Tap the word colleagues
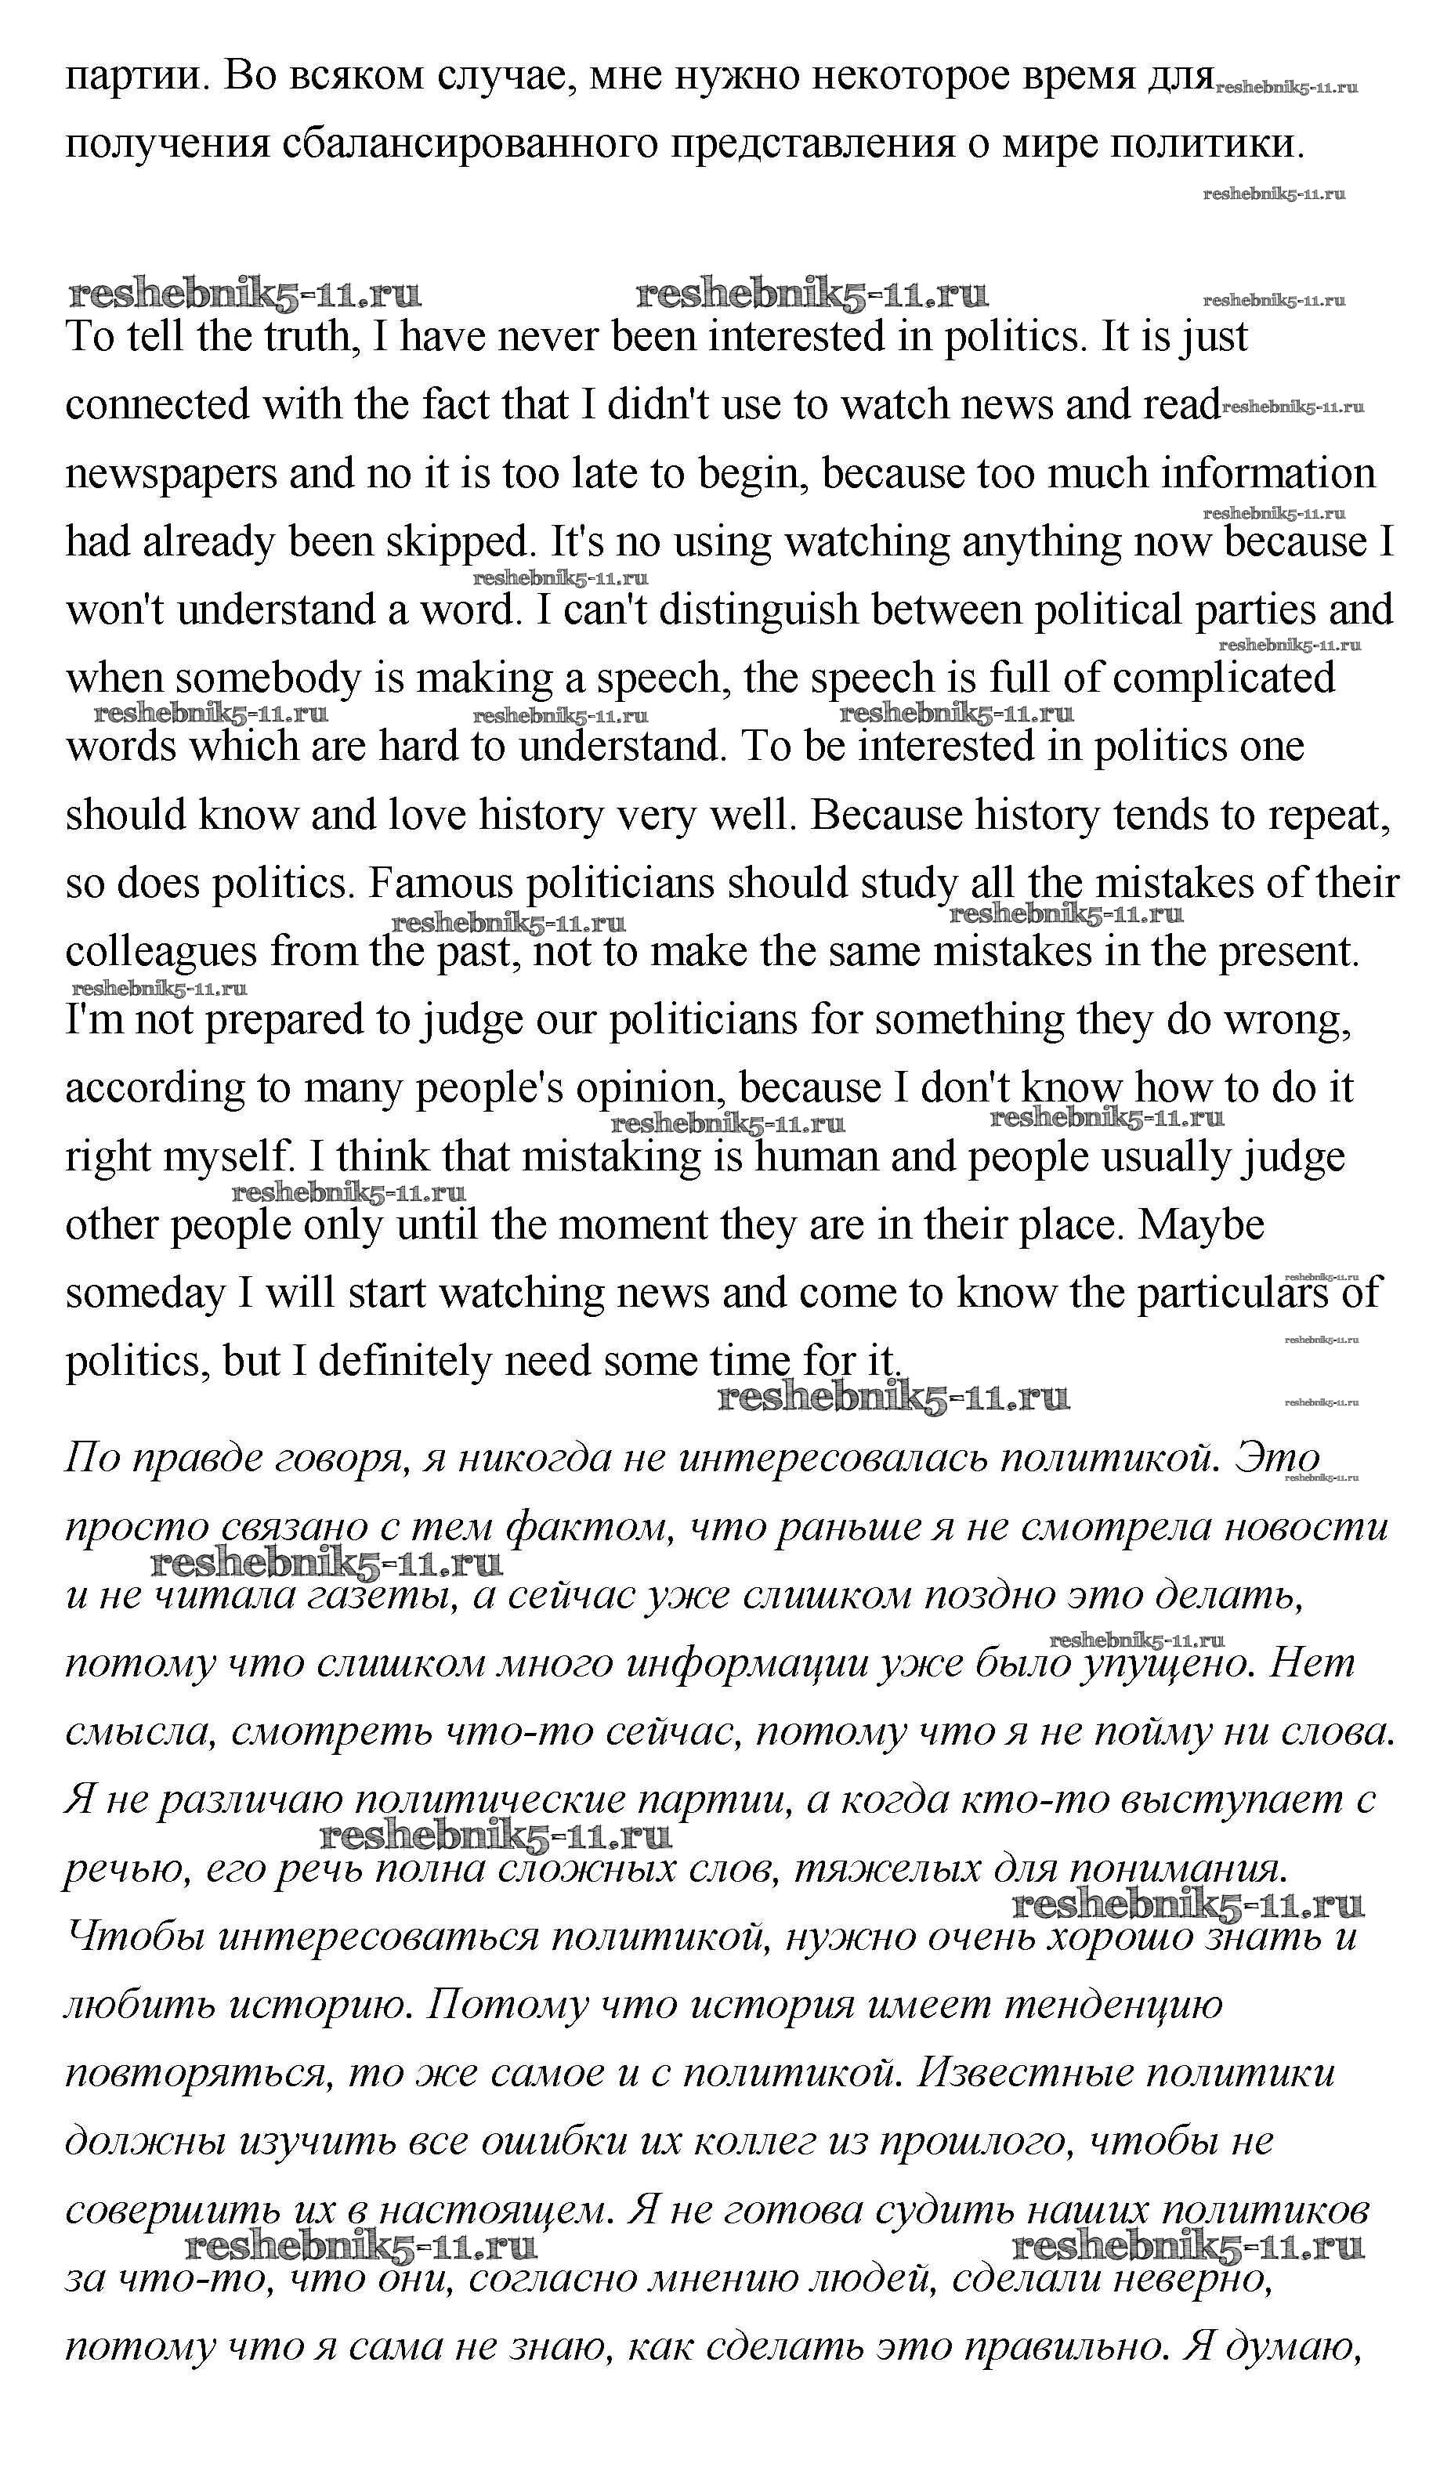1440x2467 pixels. coord(161,952)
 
